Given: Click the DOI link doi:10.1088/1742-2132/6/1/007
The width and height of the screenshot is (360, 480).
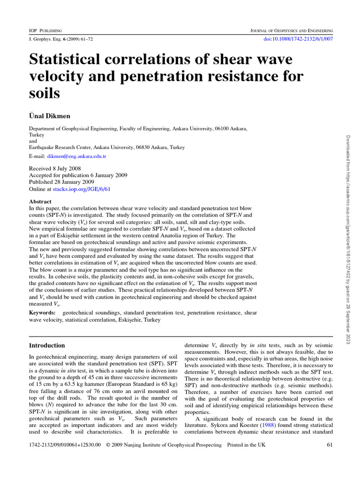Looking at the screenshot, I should (299, 39).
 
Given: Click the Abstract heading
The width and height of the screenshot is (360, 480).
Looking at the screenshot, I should (40, 202).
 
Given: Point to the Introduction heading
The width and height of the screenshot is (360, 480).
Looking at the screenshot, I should (47, 345).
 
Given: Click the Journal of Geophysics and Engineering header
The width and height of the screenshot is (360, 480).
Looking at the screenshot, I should (292, 30).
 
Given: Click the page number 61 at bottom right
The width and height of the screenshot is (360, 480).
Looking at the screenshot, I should (329, 445).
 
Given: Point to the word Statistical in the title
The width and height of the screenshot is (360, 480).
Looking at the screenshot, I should (67, 60).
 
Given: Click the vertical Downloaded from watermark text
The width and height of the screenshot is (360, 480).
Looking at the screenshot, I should (348, 239).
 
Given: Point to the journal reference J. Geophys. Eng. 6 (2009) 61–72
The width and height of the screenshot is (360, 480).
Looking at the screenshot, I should (61, 39).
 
